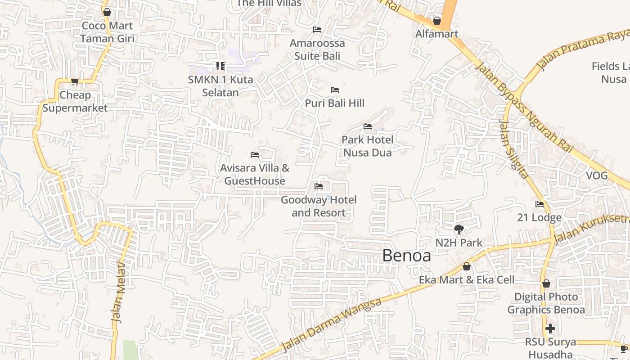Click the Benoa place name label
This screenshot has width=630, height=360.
pos(406,256)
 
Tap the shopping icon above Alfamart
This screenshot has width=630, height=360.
pos(436,21)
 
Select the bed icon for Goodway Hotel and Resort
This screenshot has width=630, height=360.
pos(319,186)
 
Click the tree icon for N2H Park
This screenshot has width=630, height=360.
pos(459,229)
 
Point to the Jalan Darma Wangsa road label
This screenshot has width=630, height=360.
pos(331,324)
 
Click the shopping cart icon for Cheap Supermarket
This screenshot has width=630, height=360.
pos(75,82)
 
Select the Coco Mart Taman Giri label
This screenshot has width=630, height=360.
pos(107,32)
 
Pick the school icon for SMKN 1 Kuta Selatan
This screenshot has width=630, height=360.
pos(220,66)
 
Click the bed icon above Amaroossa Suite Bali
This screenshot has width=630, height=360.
pos(317,30)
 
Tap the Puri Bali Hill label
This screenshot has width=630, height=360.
pos(334,103)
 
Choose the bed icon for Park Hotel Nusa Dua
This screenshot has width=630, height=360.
pos(368,126)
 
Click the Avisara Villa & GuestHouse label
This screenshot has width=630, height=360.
pos(255,174)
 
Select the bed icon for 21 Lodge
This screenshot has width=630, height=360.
pos(540,204)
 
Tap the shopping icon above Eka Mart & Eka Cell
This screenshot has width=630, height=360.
pos(467,266)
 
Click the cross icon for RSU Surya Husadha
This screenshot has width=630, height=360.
pos(550,328)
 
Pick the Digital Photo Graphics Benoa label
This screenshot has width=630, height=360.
pos(546,303)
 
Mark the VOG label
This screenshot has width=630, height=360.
pos(597,175)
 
